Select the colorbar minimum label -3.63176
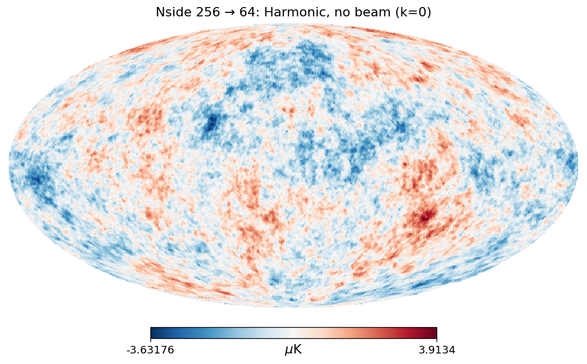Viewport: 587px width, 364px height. click(150, 350)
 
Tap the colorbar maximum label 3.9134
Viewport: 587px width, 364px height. click(436, 350)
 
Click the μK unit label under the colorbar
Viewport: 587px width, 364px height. click(293, 350)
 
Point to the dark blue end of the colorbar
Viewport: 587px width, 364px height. click(153, 332)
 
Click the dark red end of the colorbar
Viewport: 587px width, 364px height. click(434, 332)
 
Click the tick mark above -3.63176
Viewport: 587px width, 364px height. click(150, 340)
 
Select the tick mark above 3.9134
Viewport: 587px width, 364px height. click(437, 340)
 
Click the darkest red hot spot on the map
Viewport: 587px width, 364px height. click(426, 215)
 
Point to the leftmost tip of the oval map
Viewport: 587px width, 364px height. click(9, 166)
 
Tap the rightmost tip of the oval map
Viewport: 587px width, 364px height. click(578, 166)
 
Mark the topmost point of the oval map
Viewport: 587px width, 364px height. click(293, 24)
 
